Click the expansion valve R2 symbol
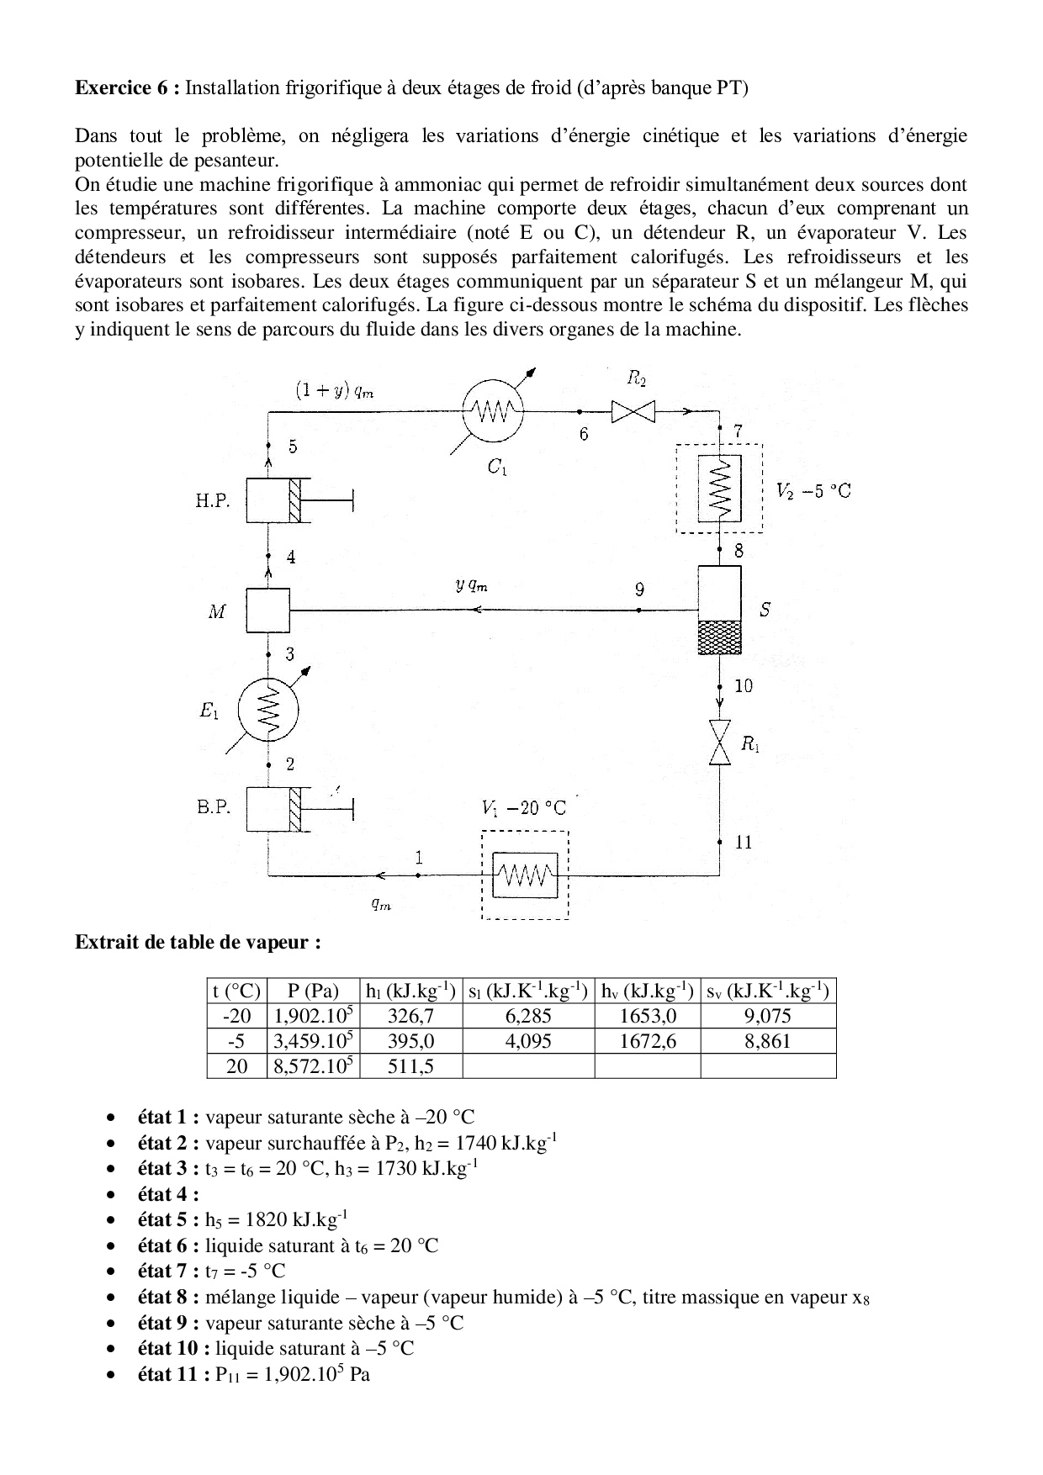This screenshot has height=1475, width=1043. point(633,412)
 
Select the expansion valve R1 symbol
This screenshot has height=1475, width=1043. point(720,742)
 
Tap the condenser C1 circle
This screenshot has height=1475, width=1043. point(493,411)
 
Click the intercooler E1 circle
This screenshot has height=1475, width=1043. point(268,711)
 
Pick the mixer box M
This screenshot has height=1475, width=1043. point(267,610)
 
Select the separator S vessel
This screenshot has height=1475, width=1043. point(719,610)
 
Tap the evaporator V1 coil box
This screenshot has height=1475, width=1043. point(525,875)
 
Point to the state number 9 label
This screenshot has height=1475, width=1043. point(640,590)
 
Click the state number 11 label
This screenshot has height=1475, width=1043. point(744,842)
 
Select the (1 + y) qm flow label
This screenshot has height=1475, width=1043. point(334,389)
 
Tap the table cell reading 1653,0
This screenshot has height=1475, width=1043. point(647,1016)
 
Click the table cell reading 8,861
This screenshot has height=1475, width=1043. point(767,1041)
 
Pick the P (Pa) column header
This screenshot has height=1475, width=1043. point(312,991)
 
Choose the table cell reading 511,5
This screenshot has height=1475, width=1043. point(410,1066)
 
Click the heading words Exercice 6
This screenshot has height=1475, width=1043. point(126,87)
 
